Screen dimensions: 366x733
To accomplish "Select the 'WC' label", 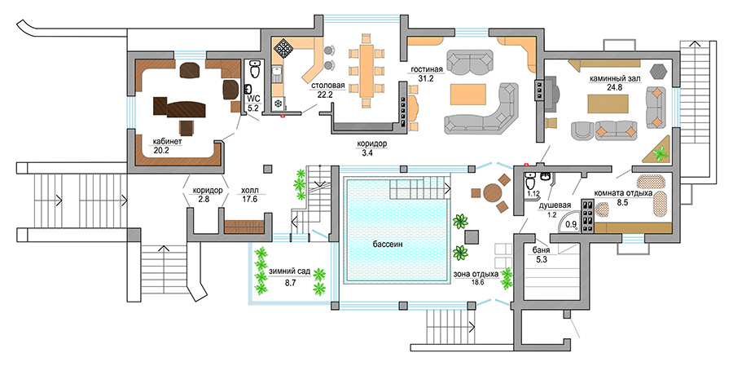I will pos(252,98).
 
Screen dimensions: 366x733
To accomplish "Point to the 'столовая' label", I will pos(327,84).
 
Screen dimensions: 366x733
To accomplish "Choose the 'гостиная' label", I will pos(426,69).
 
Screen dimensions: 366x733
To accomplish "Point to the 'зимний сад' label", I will pos(289,271).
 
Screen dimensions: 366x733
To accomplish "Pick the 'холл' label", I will pos(249,188).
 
